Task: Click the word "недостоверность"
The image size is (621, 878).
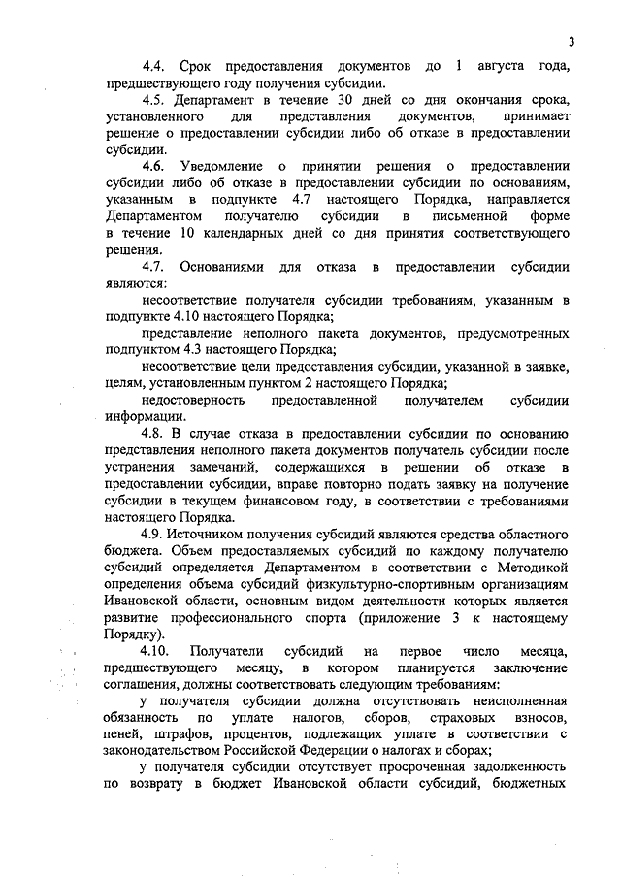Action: click(199, 399)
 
